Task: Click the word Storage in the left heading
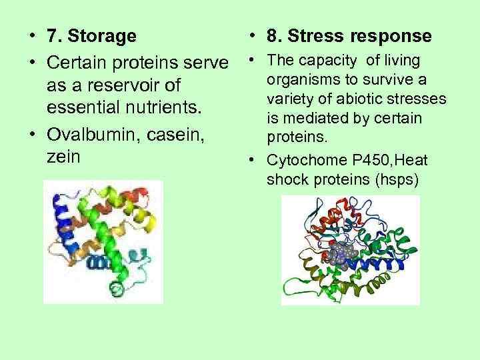pyautogui.click(x=107, y=35)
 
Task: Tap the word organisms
pyautogui.click(x=300, y=80)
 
